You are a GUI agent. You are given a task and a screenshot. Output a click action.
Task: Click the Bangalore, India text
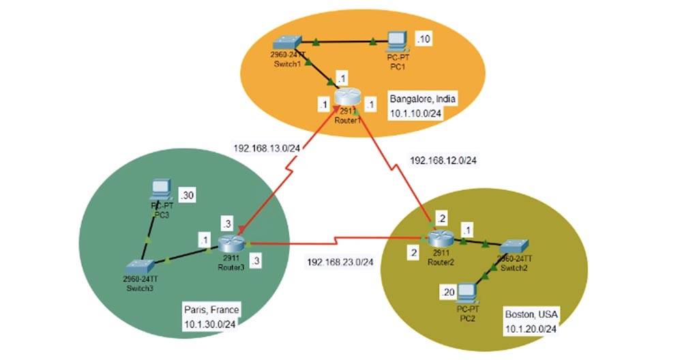tap(422, 98)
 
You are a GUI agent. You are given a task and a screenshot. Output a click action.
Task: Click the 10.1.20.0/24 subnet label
tap(533, 329)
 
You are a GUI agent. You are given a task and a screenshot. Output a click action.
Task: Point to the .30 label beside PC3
tap(187, 196)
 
